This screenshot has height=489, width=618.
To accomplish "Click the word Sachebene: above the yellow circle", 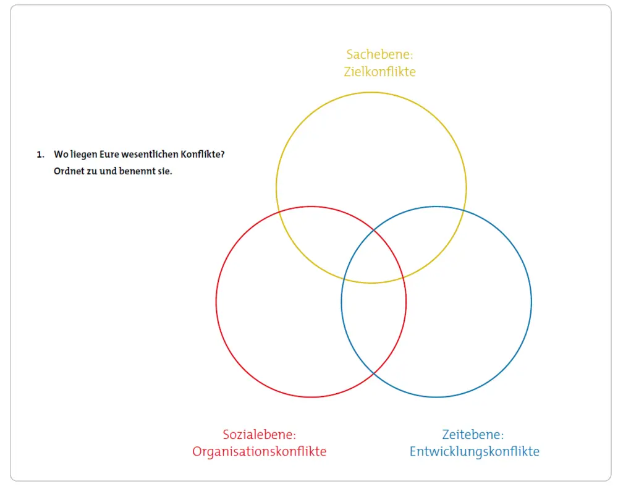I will coord(379,54).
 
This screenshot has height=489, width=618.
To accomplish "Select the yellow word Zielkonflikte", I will coord(379,72).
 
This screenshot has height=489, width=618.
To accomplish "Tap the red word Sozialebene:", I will coord(259,435).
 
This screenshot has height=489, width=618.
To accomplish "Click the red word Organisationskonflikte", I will coord(259,451).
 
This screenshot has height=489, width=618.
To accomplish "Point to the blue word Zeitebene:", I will coord(473,435).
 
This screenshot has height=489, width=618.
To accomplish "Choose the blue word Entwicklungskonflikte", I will coord(474,451).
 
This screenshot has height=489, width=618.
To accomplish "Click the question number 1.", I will coord(40,155).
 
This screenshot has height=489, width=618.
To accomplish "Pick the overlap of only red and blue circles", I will coord(373,328).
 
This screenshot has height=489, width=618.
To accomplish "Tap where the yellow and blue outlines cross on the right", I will coord(463,211).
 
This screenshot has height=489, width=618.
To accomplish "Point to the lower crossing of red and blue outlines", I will coord(373,374).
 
